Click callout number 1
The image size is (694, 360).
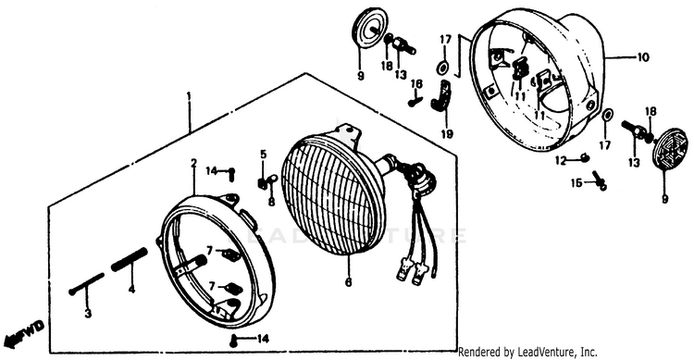coord(190,96)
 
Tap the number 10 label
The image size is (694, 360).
coord(643,57)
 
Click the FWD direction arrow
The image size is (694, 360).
coord(23,333)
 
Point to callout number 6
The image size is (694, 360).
coord(348,282)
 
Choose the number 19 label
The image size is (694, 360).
coord(447,133)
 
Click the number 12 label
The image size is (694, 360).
coord(562,161)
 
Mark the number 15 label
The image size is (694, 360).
coord(576,182)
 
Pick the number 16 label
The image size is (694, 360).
coord(416,83)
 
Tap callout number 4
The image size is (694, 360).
coord(132,290)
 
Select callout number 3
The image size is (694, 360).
coord(88,314)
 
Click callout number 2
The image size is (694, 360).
coord(193,163)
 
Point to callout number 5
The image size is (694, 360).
coord(264,155)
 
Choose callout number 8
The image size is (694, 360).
coord(271,202)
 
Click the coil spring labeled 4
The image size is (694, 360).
coord(129,260)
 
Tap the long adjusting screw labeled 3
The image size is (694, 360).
coord(86,284)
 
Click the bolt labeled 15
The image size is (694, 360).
coord(600,180)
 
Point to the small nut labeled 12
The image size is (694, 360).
coord(584,157)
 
